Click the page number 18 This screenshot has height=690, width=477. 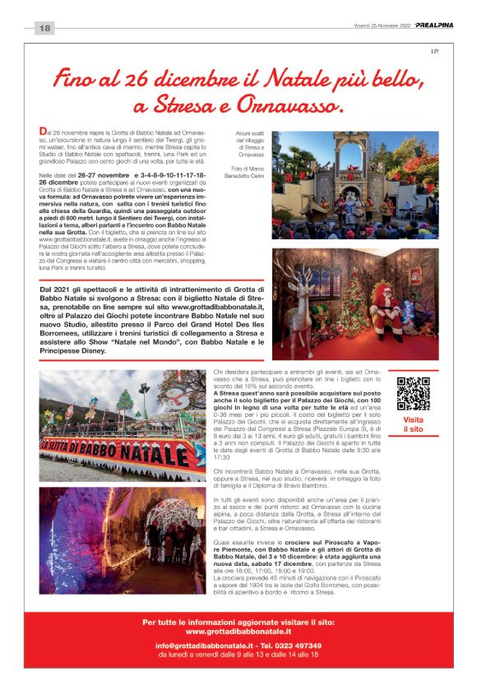coord(44,28)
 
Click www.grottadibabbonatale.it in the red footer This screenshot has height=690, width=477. coord(238,631)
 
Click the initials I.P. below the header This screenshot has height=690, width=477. coord(435,53)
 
